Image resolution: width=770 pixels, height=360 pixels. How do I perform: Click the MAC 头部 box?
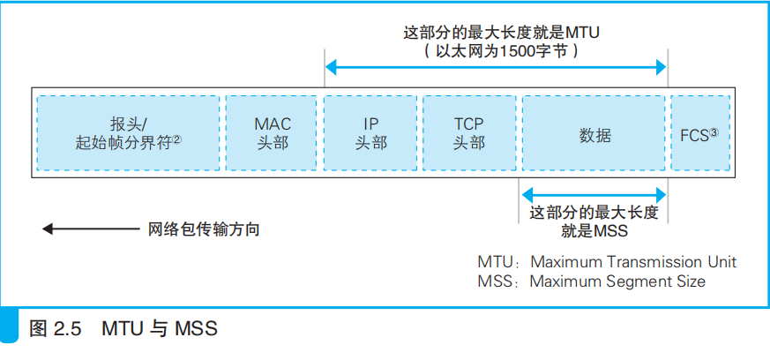(271, 133)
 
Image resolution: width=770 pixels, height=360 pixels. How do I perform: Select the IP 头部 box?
(370, 133)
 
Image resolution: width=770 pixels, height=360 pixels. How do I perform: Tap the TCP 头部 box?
(468, 133)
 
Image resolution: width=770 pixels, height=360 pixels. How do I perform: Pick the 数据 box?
(594, 133)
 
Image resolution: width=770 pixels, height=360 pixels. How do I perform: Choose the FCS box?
(699, 133)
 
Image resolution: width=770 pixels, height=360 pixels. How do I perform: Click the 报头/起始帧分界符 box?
(127, 133)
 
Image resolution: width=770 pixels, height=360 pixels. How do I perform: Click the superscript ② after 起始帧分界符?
(176, 139)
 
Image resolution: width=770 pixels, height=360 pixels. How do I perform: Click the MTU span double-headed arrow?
(496, 67)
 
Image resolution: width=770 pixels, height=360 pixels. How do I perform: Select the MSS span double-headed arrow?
(594, 193)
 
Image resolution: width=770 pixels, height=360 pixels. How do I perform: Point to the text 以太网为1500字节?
(499, 51)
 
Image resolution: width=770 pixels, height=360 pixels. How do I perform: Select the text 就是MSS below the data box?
(594, 231)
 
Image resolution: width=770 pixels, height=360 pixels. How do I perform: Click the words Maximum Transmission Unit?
(632, 262)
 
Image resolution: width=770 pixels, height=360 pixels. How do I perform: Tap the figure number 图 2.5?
(55, 330)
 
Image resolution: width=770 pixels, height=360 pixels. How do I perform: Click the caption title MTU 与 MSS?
(159, 330)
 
